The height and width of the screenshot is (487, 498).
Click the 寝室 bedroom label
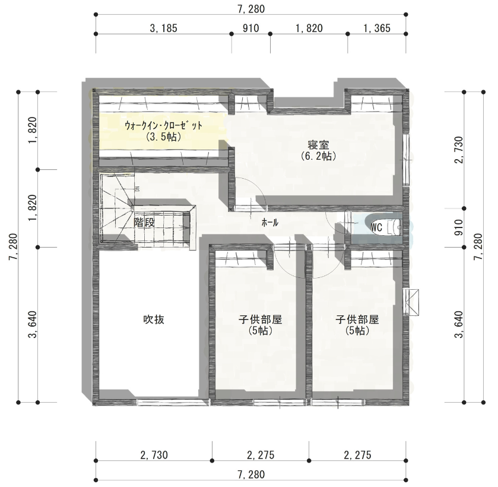pos(318,145)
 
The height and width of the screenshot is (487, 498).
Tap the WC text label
pos(376,227)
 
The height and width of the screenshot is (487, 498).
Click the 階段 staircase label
pos(144,222)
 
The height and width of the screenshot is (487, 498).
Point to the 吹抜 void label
pos(154,319)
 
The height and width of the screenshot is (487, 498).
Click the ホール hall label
pos(269,223)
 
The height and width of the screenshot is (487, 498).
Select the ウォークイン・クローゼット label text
pos(164,125)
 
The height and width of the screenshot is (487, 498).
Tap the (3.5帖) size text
pos(164,137)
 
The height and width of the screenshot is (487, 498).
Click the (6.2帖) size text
pos(318,156)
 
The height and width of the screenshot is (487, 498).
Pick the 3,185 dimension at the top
pos(163,29)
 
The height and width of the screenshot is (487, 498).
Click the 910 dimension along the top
pos(251,29)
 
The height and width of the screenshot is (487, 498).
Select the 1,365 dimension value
pos(377,29)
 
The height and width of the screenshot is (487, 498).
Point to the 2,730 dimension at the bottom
pos(154,455)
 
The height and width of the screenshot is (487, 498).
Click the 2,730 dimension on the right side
pos(459,150)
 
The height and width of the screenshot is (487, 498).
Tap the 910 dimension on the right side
pos(459,227)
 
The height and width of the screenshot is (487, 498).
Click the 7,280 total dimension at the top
pos(251,9)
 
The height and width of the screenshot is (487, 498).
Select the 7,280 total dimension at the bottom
pos(251,475)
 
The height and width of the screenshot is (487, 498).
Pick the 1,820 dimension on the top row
pos(309,29)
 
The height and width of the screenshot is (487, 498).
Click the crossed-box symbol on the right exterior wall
pos(411,302)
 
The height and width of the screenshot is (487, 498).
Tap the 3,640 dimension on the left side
pos(33,324)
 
